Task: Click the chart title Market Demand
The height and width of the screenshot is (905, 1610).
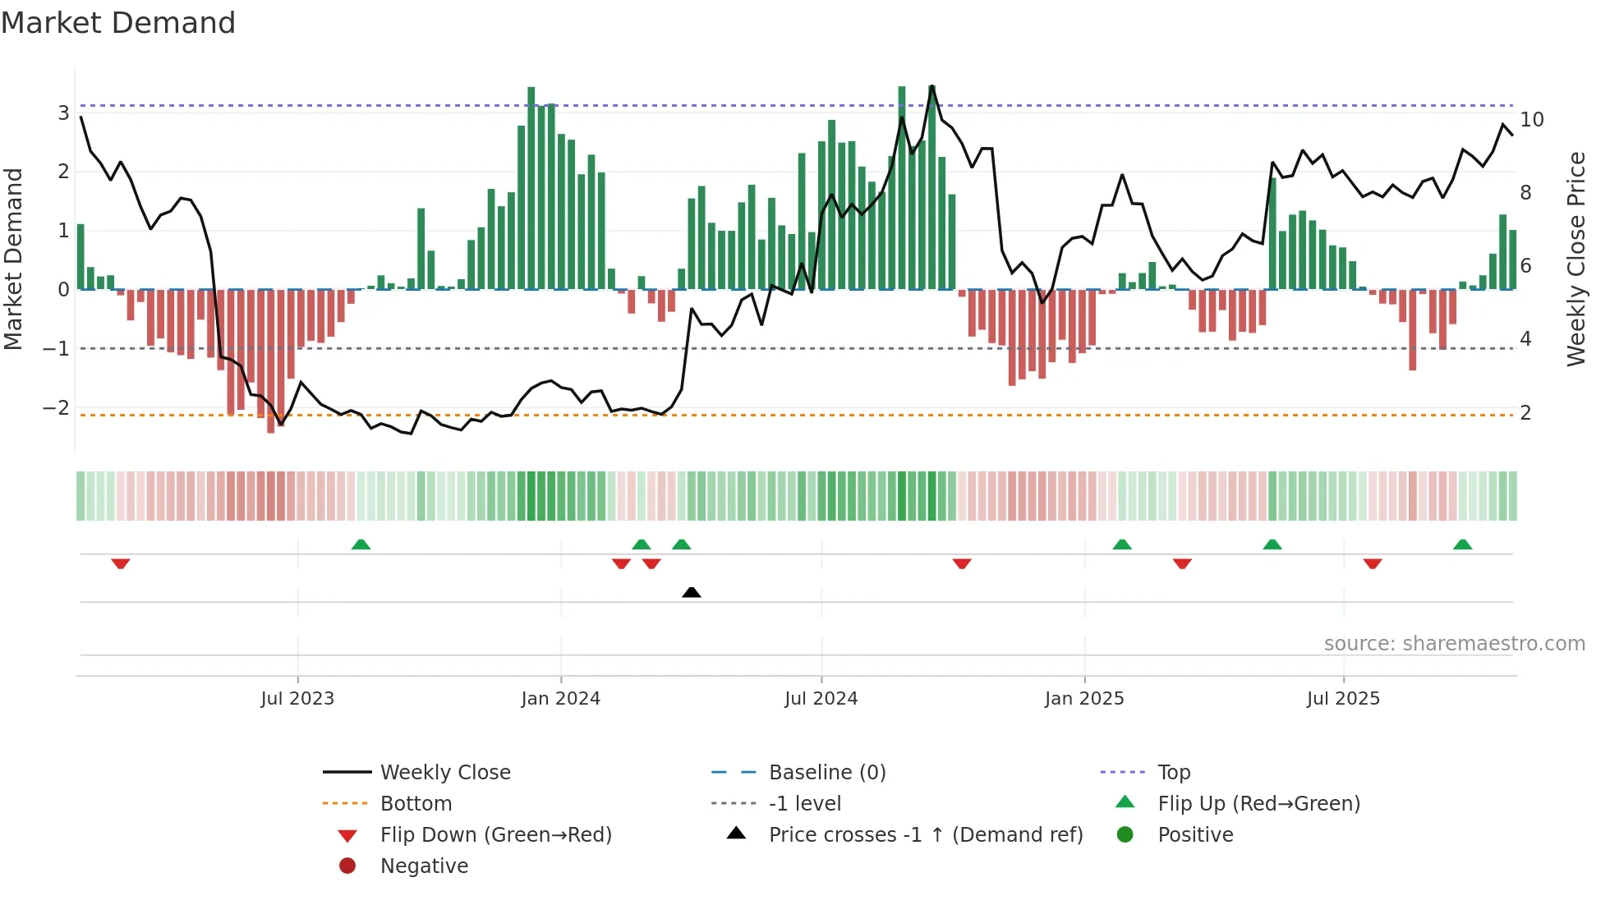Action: (x=118, y=23)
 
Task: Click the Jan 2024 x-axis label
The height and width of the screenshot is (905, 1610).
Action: (x=560, y=699)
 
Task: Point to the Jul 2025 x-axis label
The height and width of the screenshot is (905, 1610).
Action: (x=1343, y=699)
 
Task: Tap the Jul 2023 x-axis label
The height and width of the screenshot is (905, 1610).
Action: (x=297, y=699)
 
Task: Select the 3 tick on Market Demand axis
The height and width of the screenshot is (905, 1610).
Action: (x=63, y=113)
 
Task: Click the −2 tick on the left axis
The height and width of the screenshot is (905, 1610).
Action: (x=56, y=408)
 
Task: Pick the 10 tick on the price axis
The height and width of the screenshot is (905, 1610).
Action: (x=1531, y=120)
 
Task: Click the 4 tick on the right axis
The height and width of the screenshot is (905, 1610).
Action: (x=1525, y=339)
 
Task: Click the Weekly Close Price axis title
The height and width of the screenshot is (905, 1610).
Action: (x=1575, y=259)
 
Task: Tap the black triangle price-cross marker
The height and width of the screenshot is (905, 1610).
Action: (x=692, y=592)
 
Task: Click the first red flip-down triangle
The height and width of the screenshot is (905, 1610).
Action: (x=121, y=563)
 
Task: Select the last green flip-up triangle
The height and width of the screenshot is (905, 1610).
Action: (x=1462, y=544)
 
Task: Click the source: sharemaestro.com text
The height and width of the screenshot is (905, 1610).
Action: (x=1454, y=644)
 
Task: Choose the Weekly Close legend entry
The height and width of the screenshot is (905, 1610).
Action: (x=444, y=773)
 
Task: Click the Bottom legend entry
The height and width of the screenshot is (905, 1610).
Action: (x=416, y=804)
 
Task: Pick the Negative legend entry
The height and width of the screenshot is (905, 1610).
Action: (x=424, y=866)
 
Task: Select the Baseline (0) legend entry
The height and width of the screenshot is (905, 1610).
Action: (x=826, y=773)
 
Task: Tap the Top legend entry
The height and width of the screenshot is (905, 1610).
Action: (x=1173, y=773)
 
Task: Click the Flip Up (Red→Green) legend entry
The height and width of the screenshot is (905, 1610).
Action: (x=1258, y=804)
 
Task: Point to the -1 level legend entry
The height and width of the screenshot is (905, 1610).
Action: (x=804, y=804)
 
